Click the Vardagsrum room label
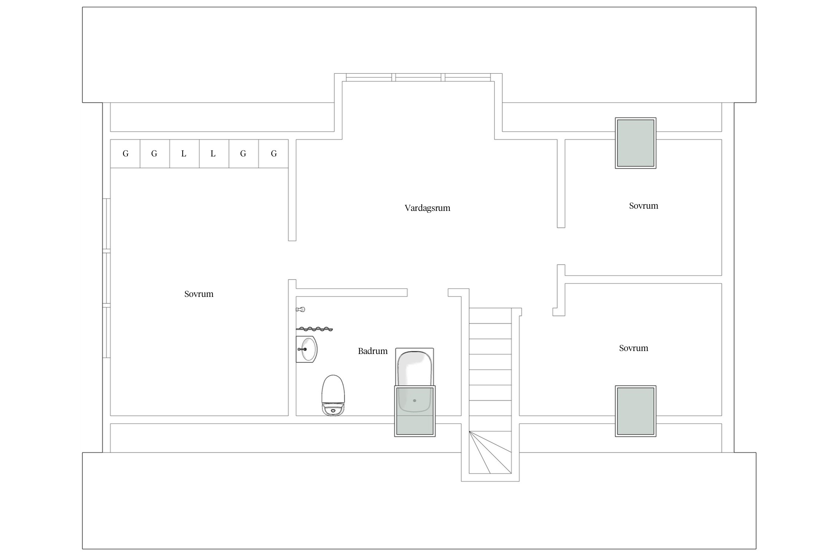pyautogui.click(x=427, y=208)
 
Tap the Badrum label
pyautogui.click(x=373, y=351)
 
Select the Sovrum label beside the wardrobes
pyautogui.click(x=199, y=294)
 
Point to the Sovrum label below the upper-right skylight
pyautogui.click(x=643, y=206)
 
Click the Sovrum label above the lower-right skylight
pyautogui.click(x=633, y=348)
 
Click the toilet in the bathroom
pyautogui.click(x=333, y=395)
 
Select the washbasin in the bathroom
pyautogui.click(x=307, y=349)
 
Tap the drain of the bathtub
pyautogui.click(x=414, y=401)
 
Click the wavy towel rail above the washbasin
pyautogui.click(x=314, y=329)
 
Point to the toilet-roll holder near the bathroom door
pyautogui.click(x=301, y=309)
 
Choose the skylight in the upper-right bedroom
pyautogui.click(x=635, y=143)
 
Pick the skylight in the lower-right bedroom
pyautogui.click(x=635, y=411)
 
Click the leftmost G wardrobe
pyautogui.click(x=125, y=153)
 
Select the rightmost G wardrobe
pyautogui.click(x=274, y=153)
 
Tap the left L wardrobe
pyautogui.click(x=184, y=153)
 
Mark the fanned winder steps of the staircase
pyautogui.click(x=490, y=452)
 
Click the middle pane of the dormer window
pyautogui.click(x=418, y=77)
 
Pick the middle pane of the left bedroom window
pyautogui.click(x=106, y=278)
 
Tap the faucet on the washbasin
pyautogui.click(x=302, y=349)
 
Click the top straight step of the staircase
pyautogui.click(x=490, y=315)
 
